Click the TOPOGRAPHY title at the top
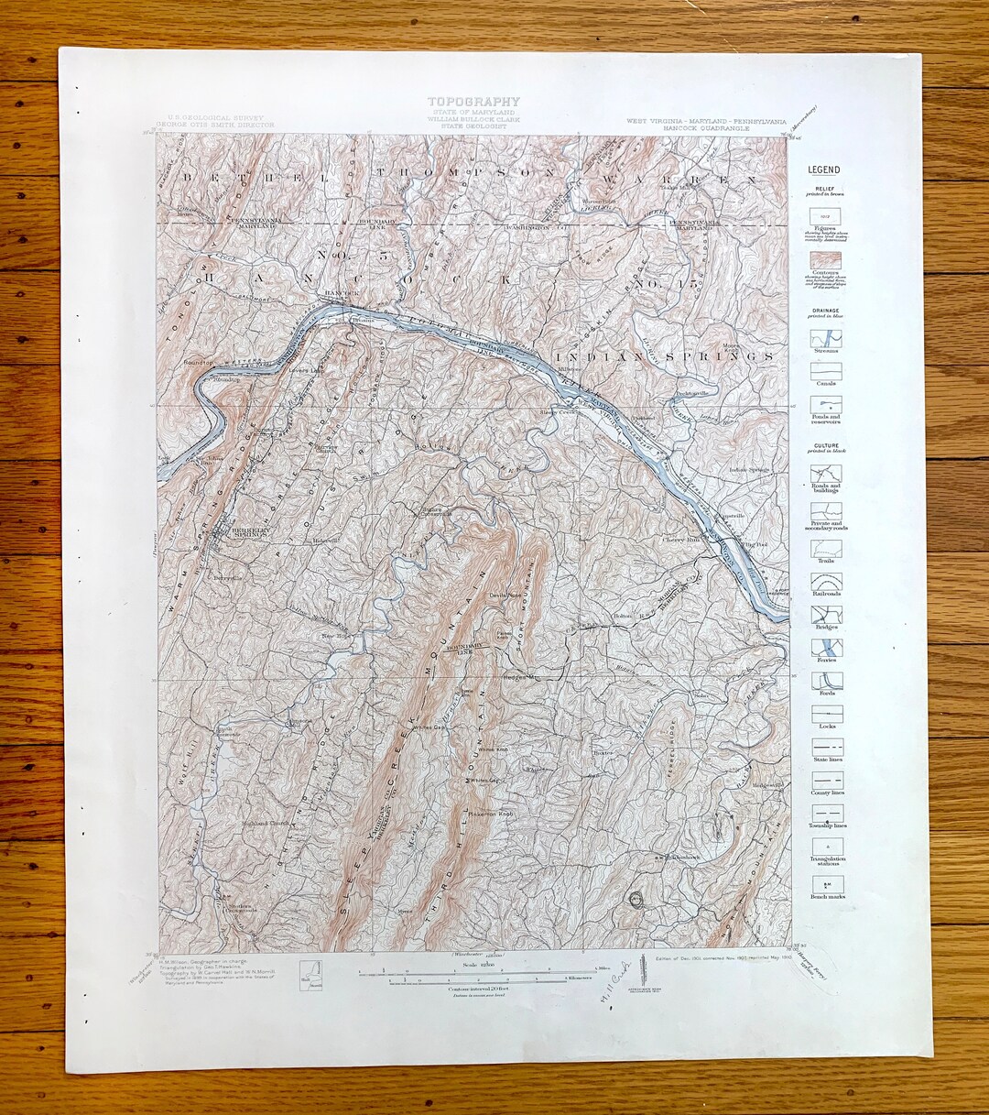tap(473, 102)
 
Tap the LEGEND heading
tap(824, 170)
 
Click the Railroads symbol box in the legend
tap(826, 583)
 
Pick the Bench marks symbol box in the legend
tap(826, 884)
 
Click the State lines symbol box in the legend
tap(826, 747)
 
